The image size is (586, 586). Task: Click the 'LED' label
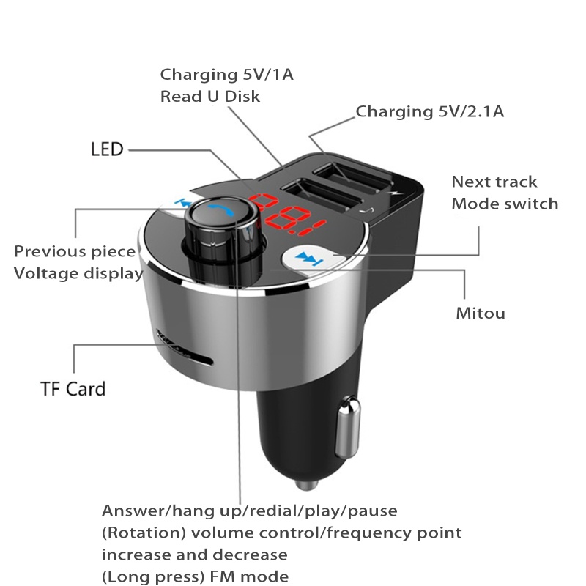coord(107,150)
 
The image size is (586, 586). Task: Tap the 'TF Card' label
coord(73,387)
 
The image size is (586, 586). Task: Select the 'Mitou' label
coord(481,314)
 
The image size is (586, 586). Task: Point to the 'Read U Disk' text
coord(210,96)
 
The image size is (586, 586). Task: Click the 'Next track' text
coord(494,182)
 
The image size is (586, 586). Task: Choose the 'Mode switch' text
coord(505,204)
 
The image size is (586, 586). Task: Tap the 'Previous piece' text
coord(75,251)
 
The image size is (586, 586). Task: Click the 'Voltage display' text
coord(78,273)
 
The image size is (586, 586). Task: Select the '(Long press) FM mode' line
coord(195,576)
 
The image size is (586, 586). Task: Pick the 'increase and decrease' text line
coord(194,554)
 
